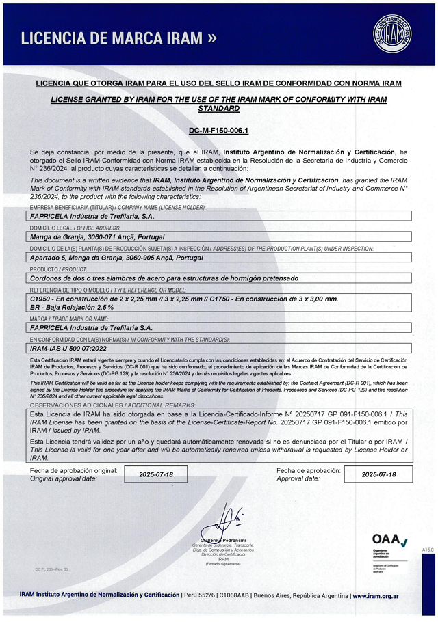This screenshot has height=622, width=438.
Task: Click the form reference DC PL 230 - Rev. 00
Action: (51, 569)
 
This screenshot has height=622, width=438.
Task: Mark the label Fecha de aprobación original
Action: (74, 470)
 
